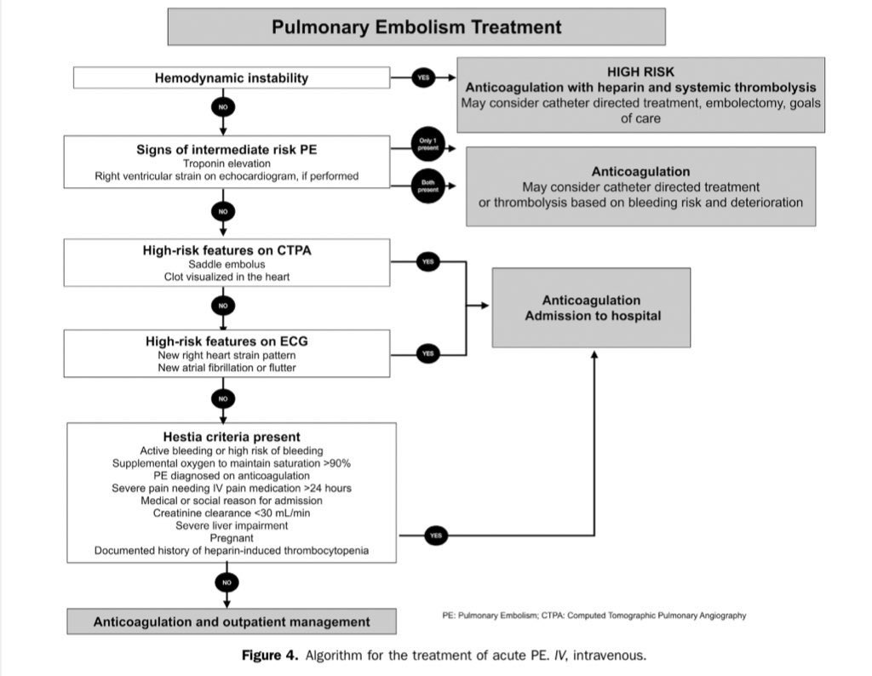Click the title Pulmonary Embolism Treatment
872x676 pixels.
pyautogui.click(x=416, y=27)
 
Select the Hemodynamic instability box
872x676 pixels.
pyautogui.click(x=232, y=78)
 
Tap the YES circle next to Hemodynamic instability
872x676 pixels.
pyautogui.click(x=424, y=77)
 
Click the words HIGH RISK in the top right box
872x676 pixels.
pyautogui.click(x=641, y=72)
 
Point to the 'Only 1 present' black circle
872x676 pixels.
pyautogui.click(x=427, y=144)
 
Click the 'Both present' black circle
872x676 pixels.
pyautogui.click(x=427, y=186)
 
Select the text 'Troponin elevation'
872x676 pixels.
pyautogui.click(x=226, y=163)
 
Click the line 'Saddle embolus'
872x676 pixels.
pyautogui.click(x=226, y=264)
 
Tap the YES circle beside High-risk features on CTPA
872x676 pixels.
pyautogui.click(x=427, y=262)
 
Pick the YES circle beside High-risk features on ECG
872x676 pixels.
pyautogui.click(x=427, y=352)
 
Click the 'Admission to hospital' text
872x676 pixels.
pyautogui.click(x=592, y=316)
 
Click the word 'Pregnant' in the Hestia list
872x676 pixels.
pyautogui.click(x=231, y=538)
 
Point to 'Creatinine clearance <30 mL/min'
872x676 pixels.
pyautogui.click(x=231, y=513)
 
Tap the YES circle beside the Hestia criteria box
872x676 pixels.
pyautogui.click(x=436, y=536)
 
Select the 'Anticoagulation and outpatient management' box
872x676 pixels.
pyautogui.click(x=232, y=622)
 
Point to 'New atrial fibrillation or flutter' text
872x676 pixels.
pyautogui.click(x=226, y=367)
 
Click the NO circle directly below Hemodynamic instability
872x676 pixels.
pyautogui.click(x=223, y=108)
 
